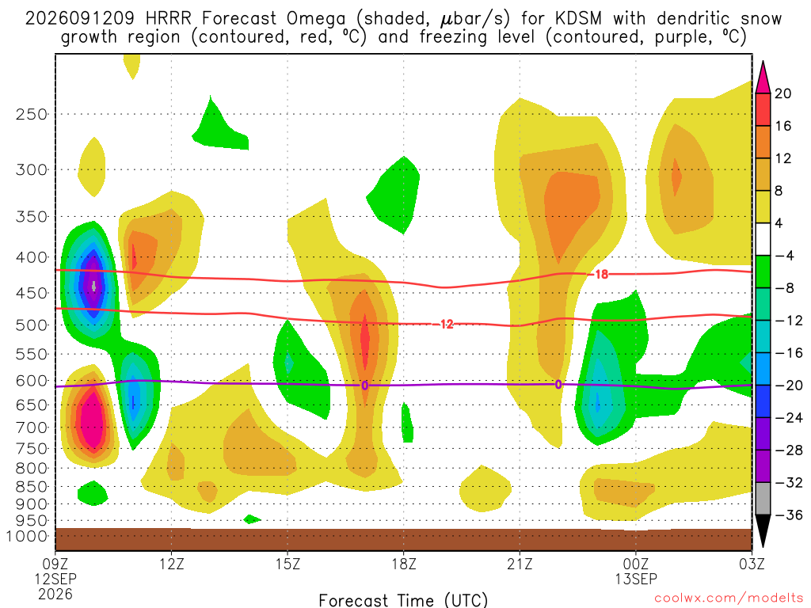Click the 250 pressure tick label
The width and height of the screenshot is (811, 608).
pyautogui.click(x=32, y=114)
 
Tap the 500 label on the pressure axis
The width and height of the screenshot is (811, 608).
pyautogui.click(x=32, y=325)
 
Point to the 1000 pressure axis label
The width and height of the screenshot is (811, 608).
pyautogui.click(x=27, y=536)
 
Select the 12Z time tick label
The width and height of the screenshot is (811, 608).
pyautogui.click(x=172, y=564)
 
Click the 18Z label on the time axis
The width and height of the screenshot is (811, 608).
pyautogui.click(x=404, y=564)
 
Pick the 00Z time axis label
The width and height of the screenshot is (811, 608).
pyautogui.click(x=636, y=564)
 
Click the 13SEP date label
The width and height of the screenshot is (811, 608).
pyautogui.click(x=636, y=579)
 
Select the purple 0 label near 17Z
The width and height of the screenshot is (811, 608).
pyautogui.click(x=364, y=386)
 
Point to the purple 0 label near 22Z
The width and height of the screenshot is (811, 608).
pyautogui.click(x=558, y=385)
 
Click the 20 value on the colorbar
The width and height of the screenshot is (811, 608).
pyautogui.click(x=782, y=93)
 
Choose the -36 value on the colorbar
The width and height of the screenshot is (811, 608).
pyautogui.click(x=788, y=515)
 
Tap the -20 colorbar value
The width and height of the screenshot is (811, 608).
pyautogui.click(x=788, y=386)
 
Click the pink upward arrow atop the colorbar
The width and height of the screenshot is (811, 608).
pyautogui.click(x=763, y=78)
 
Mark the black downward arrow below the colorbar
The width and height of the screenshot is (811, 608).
pyautogui.click(x=763, y=530)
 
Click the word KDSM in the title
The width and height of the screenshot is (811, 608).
pyautogui.click(x=578, y=18)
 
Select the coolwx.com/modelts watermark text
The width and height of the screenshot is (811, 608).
pyautogui.click(x=729, y=598)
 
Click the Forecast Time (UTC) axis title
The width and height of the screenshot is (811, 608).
pyautogui.click(x=403, y=600)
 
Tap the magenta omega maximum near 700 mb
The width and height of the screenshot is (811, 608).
pyautogui.click(x=93, y=419)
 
